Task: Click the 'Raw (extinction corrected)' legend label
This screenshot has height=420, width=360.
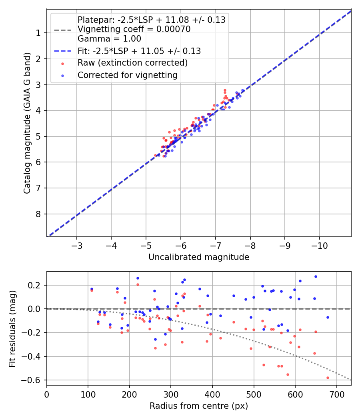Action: tap(132, 63)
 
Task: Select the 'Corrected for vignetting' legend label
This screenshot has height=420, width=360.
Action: tap(127, 75)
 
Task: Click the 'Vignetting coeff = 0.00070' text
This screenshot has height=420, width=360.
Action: tap(134, 29)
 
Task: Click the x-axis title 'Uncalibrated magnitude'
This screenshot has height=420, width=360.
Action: tap(199, 257)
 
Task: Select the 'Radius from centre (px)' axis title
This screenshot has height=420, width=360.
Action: tap(199, 406)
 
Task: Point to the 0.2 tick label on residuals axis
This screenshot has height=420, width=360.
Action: tap(36, 285)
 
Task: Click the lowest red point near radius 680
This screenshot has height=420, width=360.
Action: tap(328, 378)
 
